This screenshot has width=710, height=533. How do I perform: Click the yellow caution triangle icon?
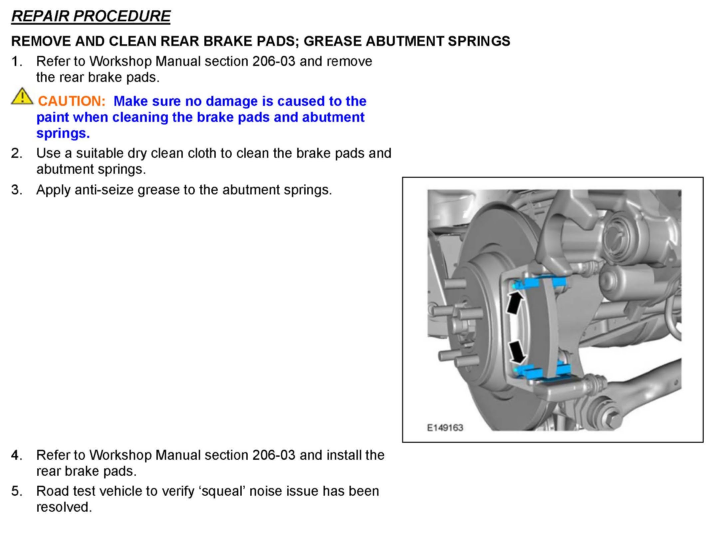(x=22, y=97)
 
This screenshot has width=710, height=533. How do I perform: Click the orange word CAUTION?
(x=72, y=101)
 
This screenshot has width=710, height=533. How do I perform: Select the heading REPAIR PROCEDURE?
(x=91, y=16)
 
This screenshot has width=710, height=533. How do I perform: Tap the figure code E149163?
(x=445, y=428)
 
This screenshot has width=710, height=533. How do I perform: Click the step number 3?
(x=16, y=190)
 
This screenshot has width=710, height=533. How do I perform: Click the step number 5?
(x=16, y=491)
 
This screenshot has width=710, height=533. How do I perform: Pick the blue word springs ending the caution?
(x=63, y=133)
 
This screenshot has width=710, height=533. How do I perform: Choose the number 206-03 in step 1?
(x=274, y=62)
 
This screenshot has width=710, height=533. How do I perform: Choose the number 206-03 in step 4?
(x=274, y=455)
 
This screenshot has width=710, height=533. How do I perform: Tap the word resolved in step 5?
(x=64, y=507)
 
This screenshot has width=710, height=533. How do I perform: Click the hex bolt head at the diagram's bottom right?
(x=613, y=420)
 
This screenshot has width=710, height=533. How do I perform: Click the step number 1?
(x=16, y=62)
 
